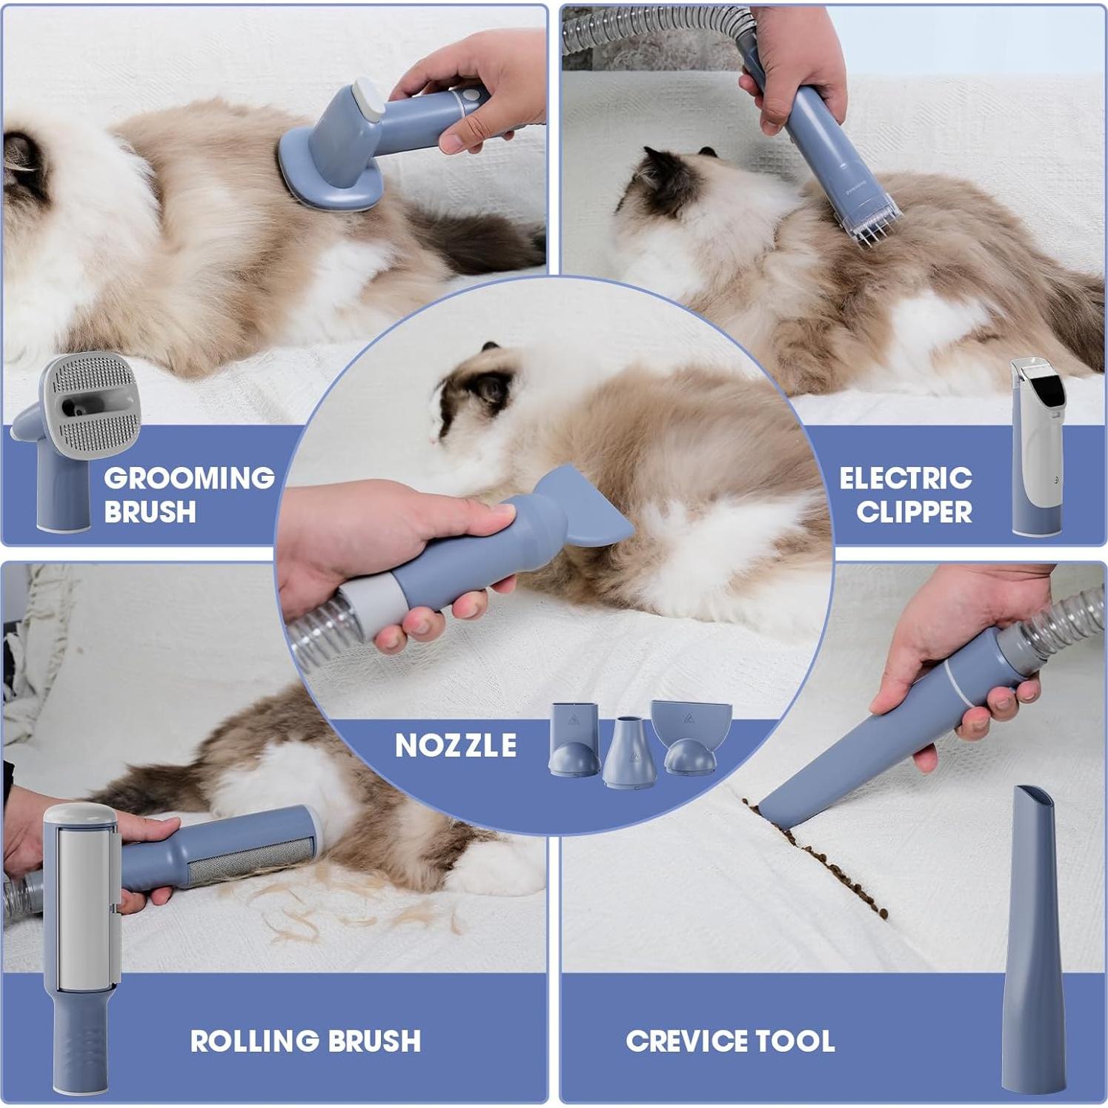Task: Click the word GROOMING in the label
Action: pos(189,478)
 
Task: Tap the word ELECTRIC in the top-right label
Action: pos(906,478)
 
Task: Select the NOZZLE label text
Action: pos(456,746)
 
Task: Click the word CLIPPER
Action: pos(914,511)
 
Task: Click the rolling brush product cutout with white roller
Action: pos(82,949)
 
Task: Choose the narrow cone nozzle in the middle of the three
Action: pos(629,752)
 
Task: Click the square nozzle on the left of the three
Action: pos(574,740)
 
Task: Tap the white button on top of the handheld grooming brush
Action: pos(368,99)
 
